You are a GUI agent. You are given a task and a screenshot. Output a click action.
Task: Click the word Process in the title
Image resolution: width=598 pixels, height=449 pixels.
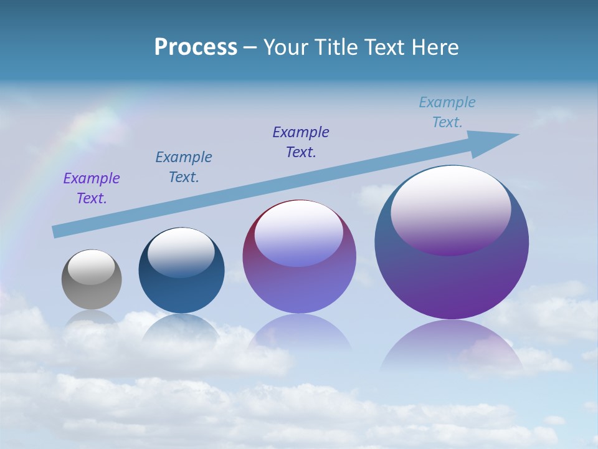(196, 47)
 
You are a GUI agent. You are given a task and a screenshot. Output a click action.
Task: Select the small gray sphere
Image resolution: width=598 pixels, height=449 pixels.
(92, 293)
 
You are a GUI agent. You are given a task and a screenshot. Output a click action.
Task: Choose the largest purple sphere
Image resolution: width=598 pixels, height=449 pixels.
(452, 281)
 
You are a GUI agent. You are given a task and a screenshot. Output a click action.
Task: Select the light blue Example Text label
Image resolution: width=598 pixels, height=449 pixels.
(447, 112)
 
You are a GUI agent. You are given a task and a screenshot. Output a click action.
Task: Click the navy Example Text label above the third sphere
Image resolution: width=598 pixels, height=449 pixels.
(301, 142)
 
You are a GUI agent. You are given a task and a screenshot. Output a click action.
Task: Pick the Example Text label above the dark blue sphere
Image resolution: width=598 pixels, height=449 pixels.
(184, 167)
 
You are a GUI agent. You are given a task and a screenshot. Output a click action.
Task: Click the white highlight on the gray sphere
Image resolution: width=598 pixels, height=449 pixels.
(92, 267)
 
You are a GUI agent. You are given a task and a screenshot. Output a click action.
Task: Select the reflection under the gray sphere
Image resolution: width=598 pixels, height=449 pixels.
(92, 318)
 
